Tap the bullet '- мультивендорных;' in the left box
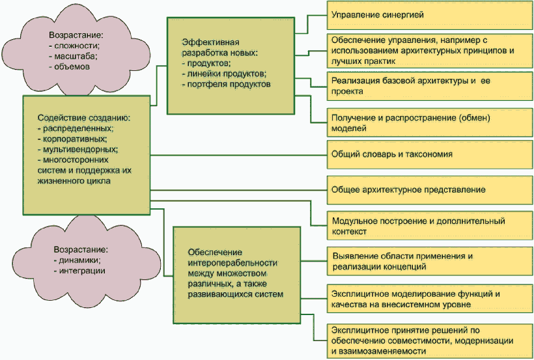(73, 148)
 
